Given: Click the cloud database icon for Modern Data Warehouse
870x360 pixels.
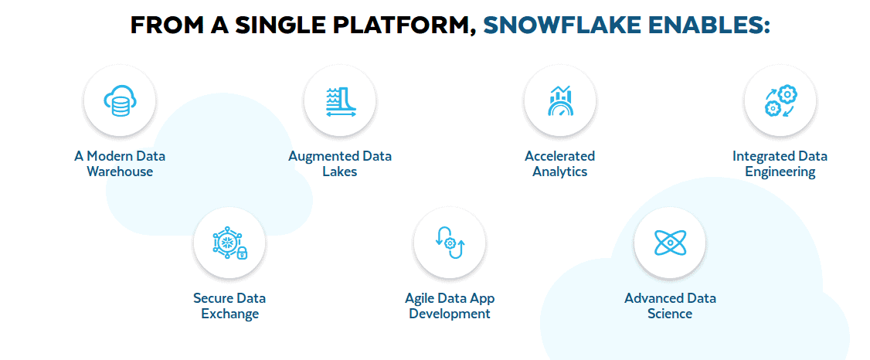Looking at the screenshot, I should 120,101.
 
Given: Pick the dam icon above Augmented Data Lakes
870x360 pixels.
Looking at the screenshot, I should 340,101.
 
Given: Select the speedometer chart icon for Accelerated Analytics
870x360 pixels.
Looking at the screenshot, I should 559,101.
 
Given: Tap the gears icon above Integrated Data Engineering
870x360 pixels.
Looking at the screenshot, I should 780,101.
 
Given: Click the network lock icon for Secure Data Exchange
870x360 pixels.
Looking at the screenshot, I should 229,243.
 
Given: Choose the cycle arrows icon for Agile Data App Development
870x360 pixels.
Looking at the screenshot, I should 450,243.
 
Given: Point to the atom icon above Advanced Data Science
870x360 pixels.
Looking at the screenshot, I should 670,243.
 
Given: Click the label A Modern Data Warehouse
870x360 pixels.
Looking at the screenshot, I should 120,164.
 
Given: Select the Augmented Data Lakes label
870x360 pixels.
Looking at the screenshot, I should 340,164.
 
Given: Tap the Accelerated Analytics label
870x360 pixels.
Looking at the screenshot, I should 559,164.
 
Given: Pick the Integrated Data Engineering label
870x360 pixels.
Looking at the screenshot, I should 780,164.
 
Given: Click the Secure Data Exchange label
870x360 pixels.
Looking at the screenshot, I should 229,306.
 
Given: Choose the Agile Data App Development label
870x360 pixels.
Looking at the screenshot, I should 450,306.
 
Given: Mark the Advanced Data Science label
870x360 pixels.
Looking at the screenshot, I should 670,306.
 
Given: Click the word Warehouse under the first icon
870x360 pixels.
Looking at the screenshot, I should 120,172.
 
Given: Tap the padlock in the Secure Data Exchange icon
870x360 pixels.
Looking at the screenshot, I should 242,253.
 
